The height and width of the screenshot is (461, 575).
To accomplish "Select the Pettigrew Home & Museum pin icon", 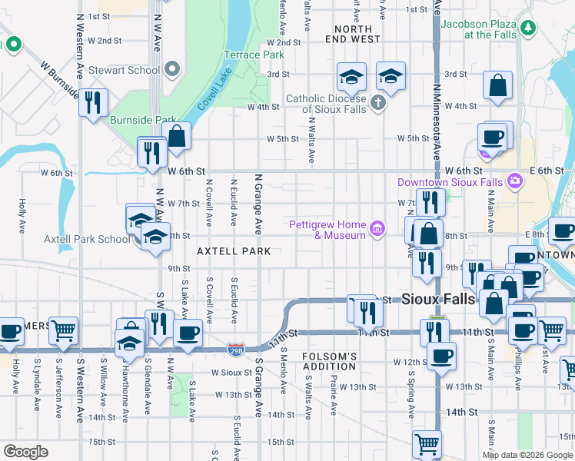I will [x=377, y=228].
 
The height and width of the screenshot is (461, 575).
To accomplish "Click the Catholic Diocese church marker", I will [x=377, y=102].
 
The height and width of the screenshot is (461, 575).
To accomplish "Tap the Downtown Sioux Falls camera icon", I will [x=514, y=181].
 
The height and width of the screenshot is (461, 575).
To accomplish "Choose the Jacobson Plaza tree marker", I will [x=527, y=28].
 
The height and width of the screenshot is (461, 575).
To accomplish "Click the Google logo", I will [x=25, y=452].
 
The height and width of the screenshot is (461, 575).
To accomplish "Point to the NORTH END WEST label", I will [x=353, y=33].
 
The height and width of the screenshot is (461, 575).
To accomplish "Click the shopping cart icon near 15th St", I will [x=427, y=443].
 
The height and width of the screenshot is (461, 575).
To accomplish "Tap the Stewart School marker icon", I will [x=171, y=70].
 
